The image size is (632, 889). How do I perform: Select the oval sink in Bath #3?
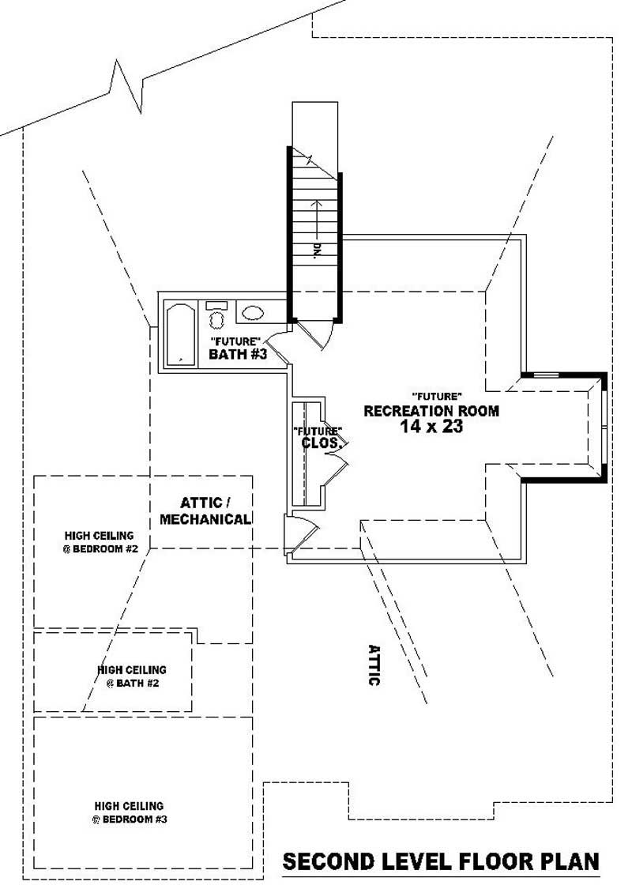pos(253,313)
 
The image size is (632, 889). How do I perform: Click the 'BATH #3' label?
pos(238,355)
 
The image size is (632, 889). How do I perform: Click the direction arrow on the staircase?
pos(314,218)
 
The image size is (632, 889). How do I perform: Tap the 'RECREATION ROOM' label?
pos(431,411)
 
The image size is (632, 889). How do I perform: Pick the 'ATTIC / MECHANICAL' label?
pos(205,510)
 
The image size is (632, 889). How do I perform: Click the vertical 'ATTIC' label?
pos(374,664)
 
